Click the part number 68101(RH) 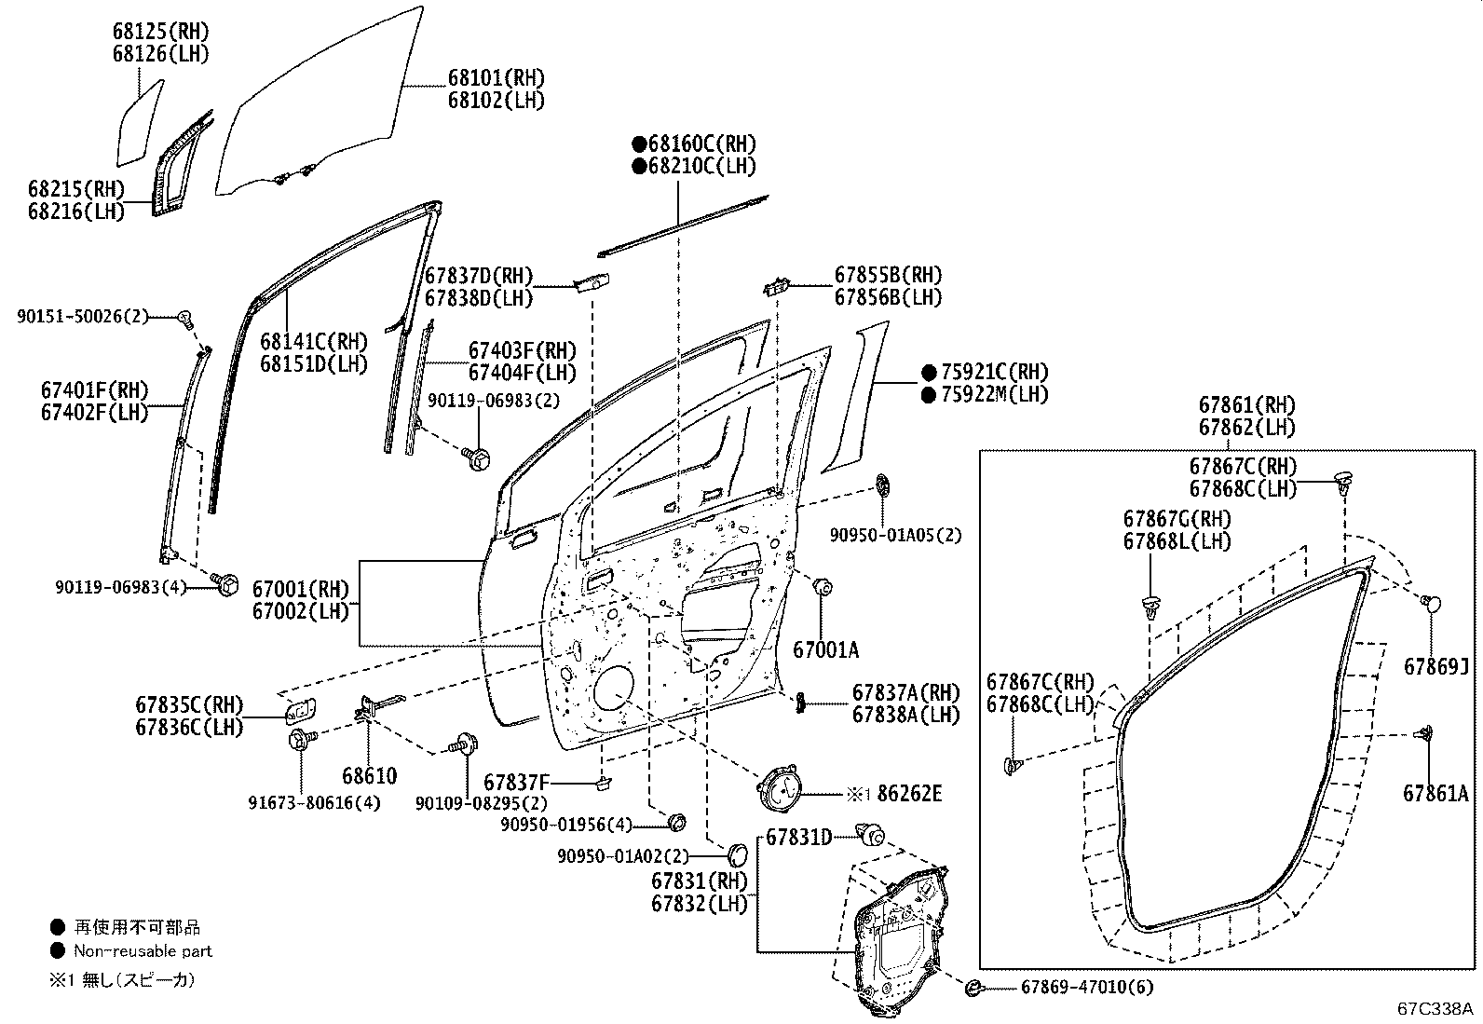(497, 78)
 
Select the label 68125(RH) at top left (161, 31)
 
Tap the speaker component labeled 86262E (779, 788)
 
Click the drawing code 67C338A (1435, 1008)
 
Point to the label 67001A (825, 650)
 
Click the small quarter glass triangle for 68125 (140, 123)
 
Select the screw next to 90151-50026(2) (186, 319)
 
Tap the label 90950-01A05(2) (896, 535)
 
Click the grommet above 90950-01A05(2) (882, 486)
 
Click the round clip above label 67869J (1430, 604)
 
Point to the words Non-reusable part (143, 951)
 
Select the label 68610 (370, 775)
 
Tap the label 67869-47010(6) (1087, 987)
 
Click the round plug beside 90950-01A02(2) (738, 854)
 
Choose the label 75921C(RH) (995, 372)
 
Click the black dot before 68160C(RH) (639, 143)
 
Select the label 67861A (1435, 793)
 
